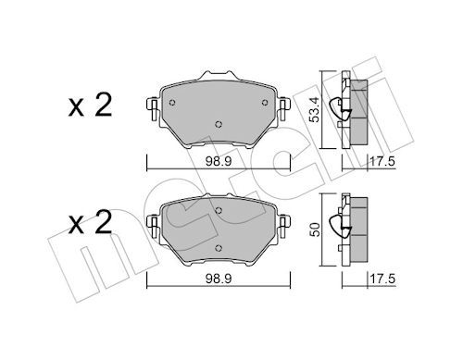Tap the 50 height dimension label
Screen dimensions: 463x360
click(x=315, y=230)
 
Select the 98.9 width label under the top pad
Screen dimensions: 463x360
click(x=219, y=161)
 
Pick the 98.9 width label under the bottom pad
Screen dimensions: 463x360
click(x=219, y=279)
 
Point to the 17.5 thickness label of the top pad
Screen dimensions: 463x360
click(x=382, y=161)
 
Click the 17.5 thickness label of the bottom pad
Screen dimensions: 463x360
click(x=382, y=279)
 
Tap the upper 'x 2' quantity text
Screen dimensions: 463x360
click(x=90, y=106)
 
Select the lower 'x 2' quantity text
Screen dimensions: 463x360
click(x=90, y=223)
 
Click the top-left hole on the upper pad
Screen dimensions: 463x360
click(x=172, y=103)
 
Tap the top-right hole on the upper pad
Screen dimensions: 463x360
click(x=265, y=103)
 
